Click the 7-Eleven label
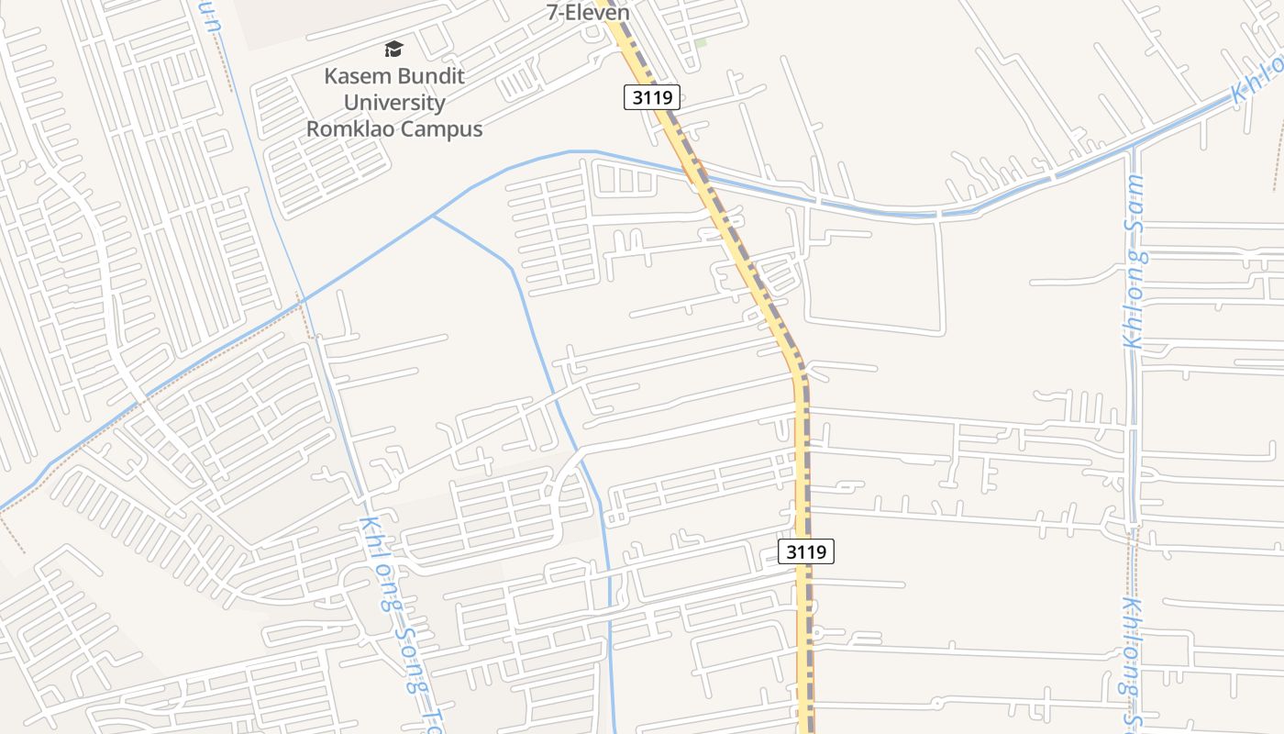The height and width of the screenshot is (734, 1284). click(x=588, y=13)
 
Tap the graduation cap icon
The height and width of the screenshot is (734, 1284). click(x=393, y=49)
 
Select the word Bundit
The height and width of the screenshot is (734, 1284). click(x=430, y=76)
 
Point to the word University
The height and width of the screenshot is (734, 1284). click(x=394, y=103)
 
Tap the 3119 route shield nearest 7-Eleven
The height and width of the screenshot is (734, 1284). click(x=651, y=97)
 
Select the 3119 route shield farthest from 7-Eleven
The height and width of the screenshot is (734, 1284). click(x=806, y=551)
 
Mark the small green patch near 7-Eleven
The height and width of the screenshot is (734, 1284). click(x=701, y=42)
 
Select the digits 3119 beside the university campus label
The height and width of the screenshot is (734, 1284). click(x=651, y=97)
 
